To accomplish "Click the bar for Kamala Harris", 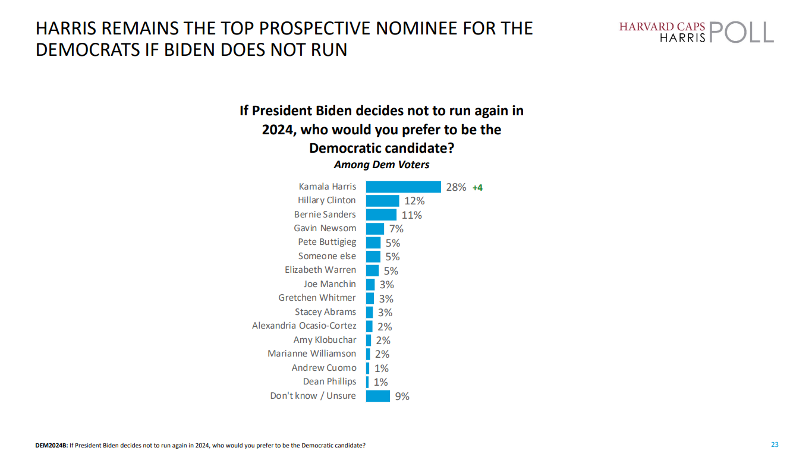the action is tap(403, 187).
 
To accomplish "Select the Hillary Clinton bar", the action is tap(383, 201).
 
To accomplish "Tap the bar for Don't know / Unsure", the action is tap(378, 396).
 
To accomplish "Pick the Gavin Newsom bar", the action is tap(375, 228).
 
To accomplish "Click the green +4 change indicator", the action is tap(477, 188).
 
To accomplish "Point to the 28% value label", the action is tap(456, 187).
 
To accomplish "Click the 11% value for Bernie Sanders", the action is tap(411, 215).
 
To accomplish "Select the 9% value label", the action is tap(402, 396).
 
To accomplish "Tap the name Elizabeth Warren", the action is tap(320, 270).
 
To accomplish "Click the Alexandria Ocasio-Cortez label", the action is tap(304, 326).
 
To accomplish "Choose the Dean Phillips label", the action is tap(329, 382).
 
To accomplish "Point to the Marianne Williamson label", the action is tap(311, 354).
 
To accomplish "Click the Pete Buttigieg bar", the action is tap(373, 242).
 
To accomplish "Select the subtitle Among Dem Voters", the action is tap(382, 165).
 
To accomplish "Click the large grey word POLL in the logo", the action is tap(741, 33).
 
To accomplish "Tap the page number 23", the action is tap(775, 445).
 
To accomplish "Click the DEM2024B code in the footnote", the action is tap(51, 445).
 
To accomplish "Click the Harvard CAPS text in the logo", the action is tap(662, 27).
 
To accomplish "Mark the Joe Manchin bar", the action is tap(370, 285).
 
